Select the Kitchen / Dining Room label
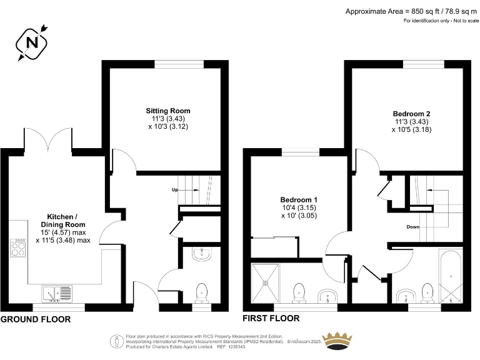(63, 220)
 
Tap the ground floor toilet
(202, 292)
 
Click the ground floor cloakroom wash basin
(202, 253)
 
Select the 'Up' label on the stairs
(176, 189)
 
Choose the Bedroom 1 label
(299, 199)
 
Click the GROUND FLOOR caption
(36, 319)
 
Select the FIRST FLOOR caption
(271, 318)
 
